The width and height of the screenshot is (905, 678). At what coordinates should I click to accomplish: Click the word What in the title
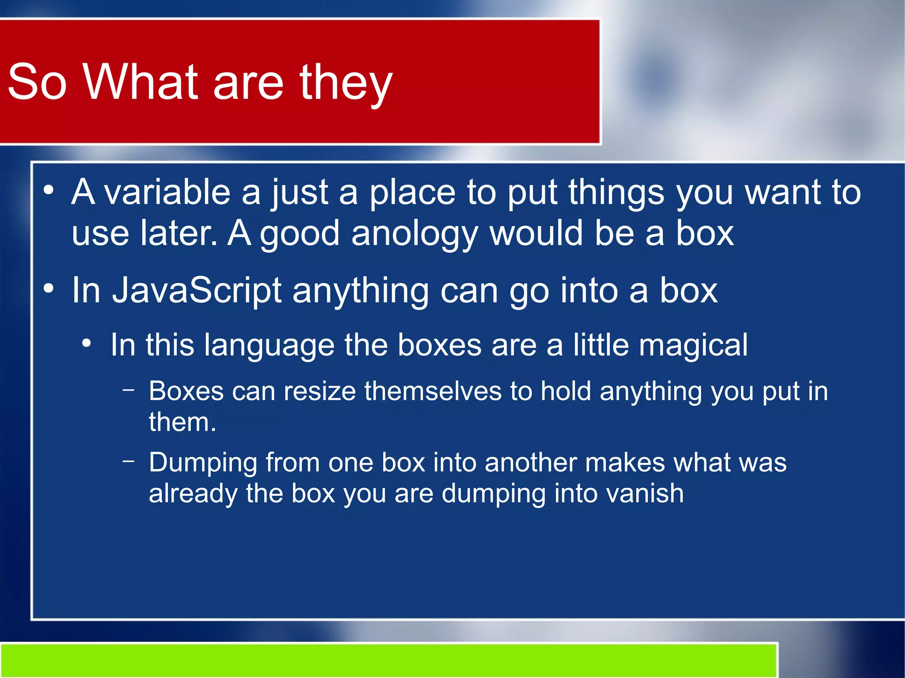coord(141,82)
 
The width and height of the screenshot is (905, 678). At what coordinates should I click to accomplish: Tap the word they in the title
coord(346,84)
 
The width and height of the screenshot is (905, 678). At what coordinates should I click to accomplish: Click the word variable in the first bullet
coord(167,193)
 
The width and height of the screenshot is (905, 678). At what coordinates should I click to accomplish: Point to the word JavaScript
coord(197,291)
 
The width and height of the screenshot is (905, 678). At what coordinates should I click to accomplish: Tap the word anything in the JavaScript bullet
coord(360,291)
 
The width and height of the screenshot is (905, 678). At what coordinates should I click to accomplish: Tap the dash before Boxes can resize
coord(129,390)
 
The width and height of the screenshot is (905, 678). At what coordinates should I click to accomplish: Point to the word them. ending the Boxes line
coord(182,422)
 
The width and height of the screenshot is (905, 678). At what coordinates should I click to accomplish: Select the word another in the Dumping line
coord(530,463)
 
